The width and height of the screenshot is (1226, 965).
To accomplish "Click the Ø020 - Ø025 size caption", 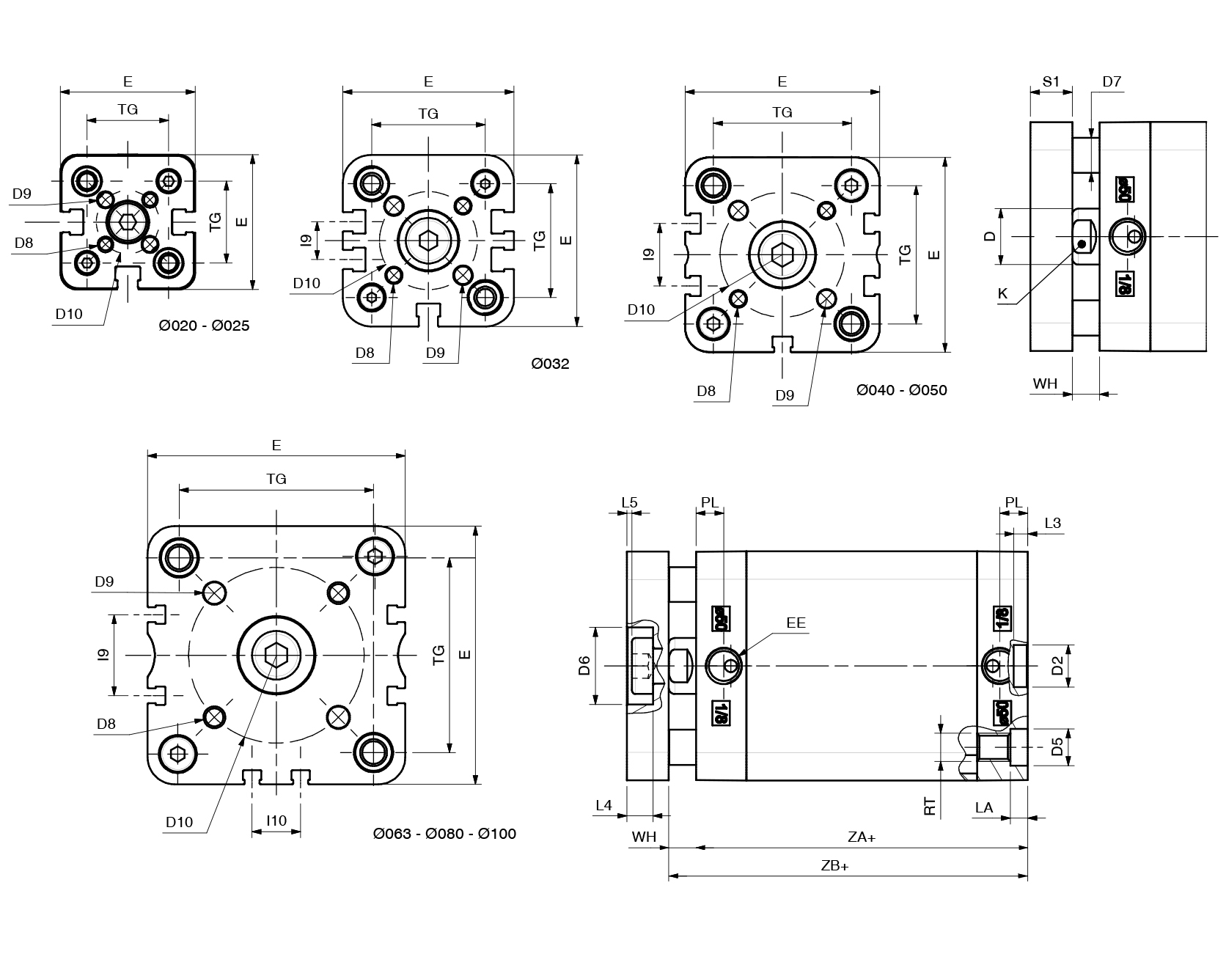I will coord(204,326).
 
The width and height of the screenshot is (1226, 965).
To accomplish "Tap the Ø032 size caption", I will coord(550,364).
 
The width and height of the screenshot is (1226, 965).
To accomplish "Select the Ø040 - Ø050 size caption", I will coord(901,390).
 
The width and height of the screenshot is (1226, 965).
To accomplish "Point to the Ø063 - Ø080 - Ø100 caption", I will coord(444,834).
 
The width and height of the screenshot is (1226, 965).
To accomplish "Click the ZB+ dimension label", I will coord(834,866).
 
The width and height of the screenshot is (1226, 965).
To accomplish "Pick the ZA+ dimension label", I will coord(861,837).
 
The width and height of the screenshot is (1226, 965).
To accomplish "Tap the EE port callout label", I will coord(796,623).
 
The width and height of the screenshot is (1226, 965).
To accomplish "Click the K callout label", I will coord(1002,294).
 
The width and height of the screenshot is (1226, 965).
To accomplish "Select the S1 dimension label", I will coord(1051,81).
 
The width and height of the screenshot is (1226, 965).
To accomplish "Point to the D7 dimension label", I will coord(1112,81).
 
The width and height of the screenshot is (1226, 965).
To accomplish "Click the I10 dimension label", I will coord(276,821).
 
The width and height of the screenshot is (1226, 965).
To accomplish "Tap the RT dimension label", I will coord(930,807).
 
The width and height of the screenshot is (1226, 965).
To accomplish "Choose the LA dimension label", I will coord(983,807).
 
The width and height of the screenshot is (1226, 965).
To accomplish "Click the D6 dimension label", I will coord(584,666).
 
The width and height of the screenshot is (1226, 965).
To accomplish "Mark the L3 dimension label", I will coord(1052,523).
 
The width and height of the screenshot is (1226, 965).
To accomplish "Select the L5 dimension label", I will coord(629,502).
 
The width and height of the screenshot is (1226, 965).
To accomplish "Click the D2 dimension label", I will coord(1057,666).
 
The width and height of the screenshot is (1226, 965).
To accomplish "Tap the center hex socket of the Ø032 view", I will coord(428,239).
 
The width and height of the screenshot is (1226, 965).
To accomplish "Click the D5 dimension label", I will coord(1057,747).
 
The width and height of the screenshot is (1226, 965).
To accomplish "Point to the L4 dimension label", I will coord(603,806).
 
